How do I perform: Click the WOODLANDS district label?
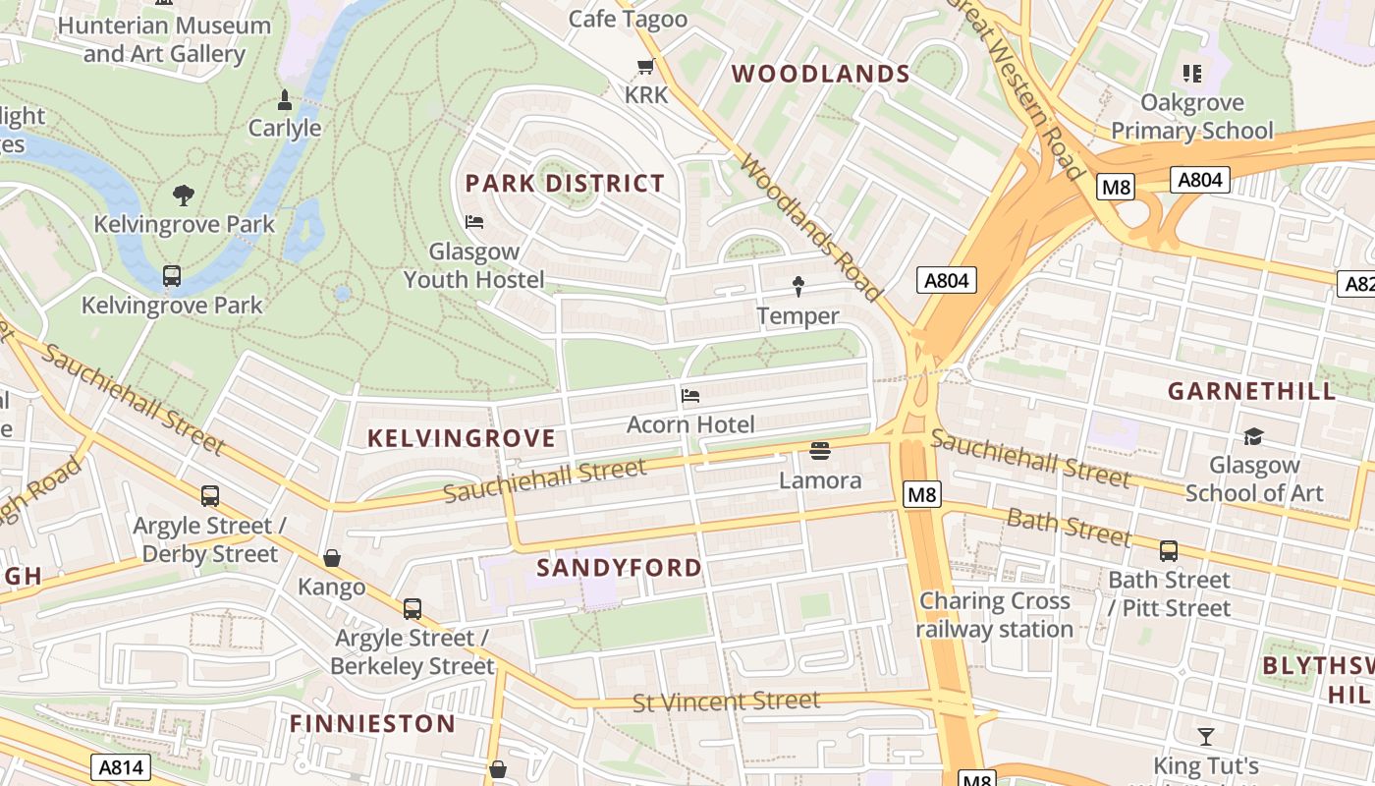[x=821, y=74]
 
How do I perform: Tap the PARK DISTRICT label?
[x=565, y=183]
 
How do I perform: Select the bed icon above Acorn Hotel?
[x=690, y=396]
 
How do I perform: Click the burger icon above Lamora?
[x=820, y=450]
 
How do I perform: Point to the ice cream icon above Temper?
[x=797, y=286]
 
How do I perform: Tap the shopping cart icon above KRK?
[x=645, y=67]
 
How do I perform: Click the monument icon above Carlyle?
[x=285, y=99]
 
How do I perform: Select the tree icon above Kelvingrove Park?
[x=184, y=195]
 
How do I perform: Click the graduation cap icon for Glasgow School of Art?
[x=1253, y=436]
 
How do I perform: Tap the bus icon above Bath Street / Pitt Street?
[x=1169, y=551]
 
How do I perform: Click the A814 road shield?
[x=121, y=767]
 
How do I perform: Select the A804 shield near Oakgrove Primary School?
[x=1200, y=179]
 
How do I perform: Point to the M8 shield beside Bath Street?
[x=921, y=495]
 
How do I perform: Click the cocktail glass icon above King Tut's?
[x=1206, y=736]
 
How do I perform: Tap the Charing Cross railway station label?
[x=995, y=615]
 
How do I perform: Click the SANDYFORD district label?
[x=620, y=567]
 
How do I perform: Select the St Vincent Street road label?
[x=726, y=702]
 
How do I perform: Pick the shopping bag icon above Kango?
[x=332, y=558]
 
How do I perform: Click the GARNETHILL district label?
[x=1252, y=390]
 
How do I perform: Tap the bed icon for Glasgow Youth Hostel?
[x=474, y=221]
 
